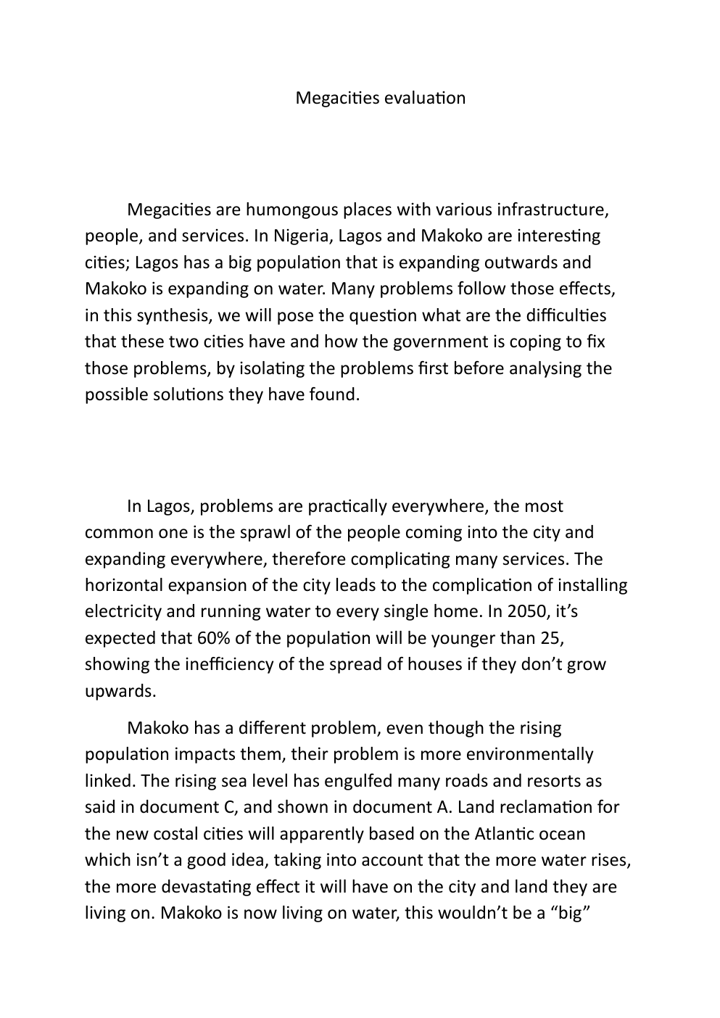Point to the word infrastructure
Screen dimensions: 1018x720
(553, 210)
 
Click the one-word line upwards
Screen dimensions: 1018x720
(120, 691)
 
